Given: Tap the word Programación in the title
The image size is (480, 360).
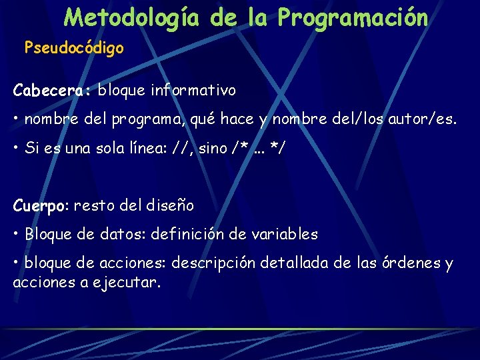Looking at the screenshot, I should point(353,17).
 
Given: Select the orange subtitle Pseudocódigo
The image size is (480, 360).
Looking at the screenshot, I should point(74,49).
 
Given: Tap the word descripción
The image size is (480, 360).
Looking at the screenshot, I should point(213,263).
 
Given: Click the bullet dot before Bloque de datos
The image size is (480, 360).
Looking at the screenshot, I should point(16,235).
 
